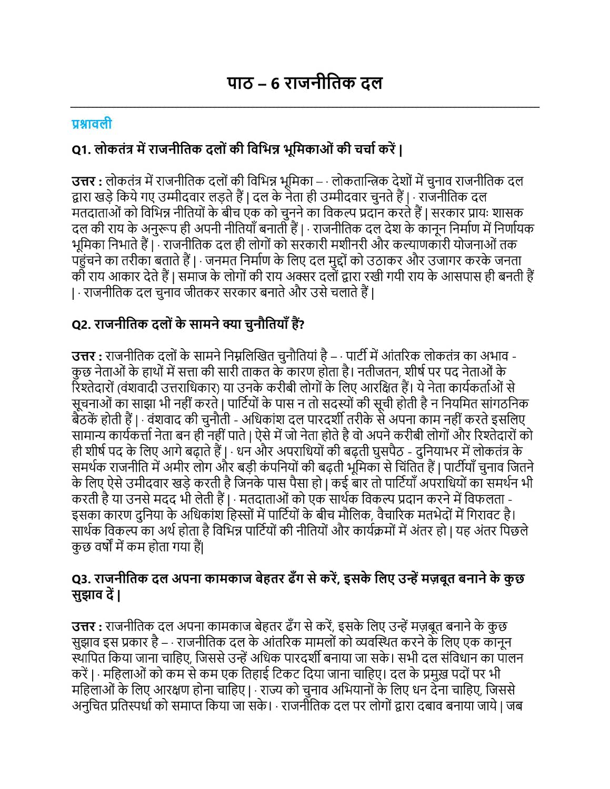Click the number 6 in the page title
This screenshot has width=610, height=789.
point(275,84)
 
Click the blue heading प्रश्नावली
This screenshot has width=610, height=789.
point(92,124)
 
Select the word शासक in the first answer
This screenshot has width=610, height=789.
point(508,213)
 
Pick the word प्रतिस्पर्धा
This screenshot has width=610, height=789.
point(142,705)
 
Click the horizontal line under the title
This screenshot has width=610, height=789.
point(305,107)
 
